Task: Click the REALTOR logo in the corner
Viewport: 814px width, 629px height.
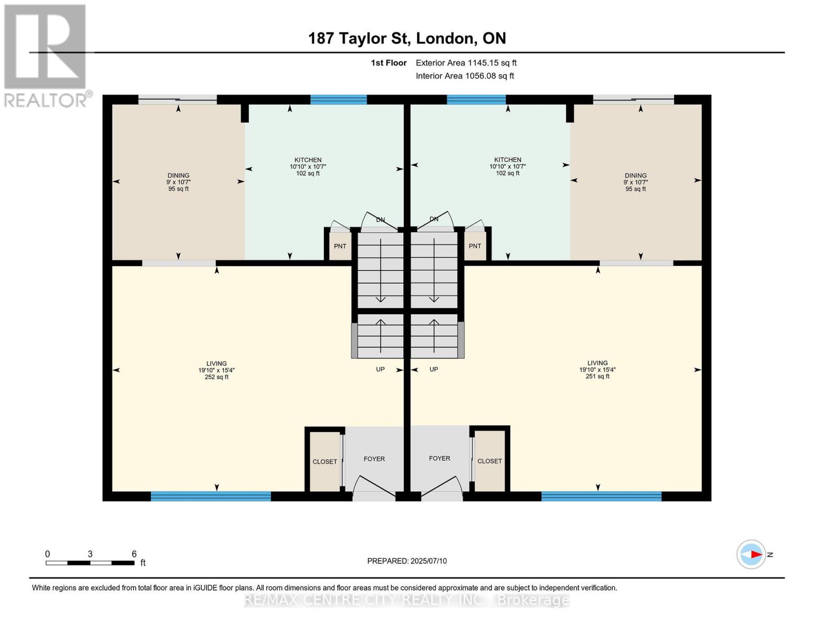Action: click(x=46, y=55)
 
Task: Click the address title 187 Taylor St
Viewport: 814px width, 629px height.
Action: click(x=407, y=38)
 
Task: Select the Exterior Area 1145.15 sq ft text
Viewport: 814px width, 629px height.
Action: click(x=466, y=63)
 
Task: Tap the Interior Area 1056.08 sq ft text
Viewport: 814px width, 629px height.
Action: click(x=464, y=76)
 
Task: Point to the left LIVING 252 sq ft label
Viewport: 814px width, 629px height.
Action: click(x=216, y=370)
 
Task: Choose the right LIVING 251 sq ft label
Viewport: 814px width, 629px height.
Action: click(x=597, y=370)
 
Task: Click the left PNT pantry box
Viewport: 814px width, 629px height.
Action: click(x=340, y=246)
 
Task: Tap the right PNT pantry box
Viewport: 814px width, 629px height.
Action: click(x=475, y=246)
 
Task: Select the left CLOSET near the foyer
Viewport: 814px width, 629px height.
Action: click(x=324, y=462)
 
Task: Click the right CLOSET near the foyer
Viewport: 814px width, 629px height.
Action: click(x=490, y=461)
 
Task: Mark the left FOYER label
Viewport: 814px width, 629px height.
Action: click(x=374, y=459)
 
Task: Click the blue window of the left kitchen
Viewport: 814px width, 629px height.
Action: click(x=339, y=100)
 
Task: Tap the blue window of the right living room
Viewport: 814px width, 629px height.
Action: click(x=601, y=496)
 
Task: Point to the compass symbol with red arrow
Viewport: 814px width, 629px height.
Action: click(x=752, y=554)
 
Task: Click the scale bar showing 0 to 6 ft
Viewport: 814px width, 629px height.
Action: click(x=90, y=563)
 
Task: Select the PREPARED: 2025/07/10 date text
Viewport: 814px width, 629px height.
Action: click(x=407, y=561)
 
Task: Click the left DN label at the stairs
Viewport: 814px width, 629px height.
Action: click(x=381, y=220)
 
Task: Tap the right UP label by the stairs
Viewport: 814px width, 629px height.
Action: click(x=433, y=370)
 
